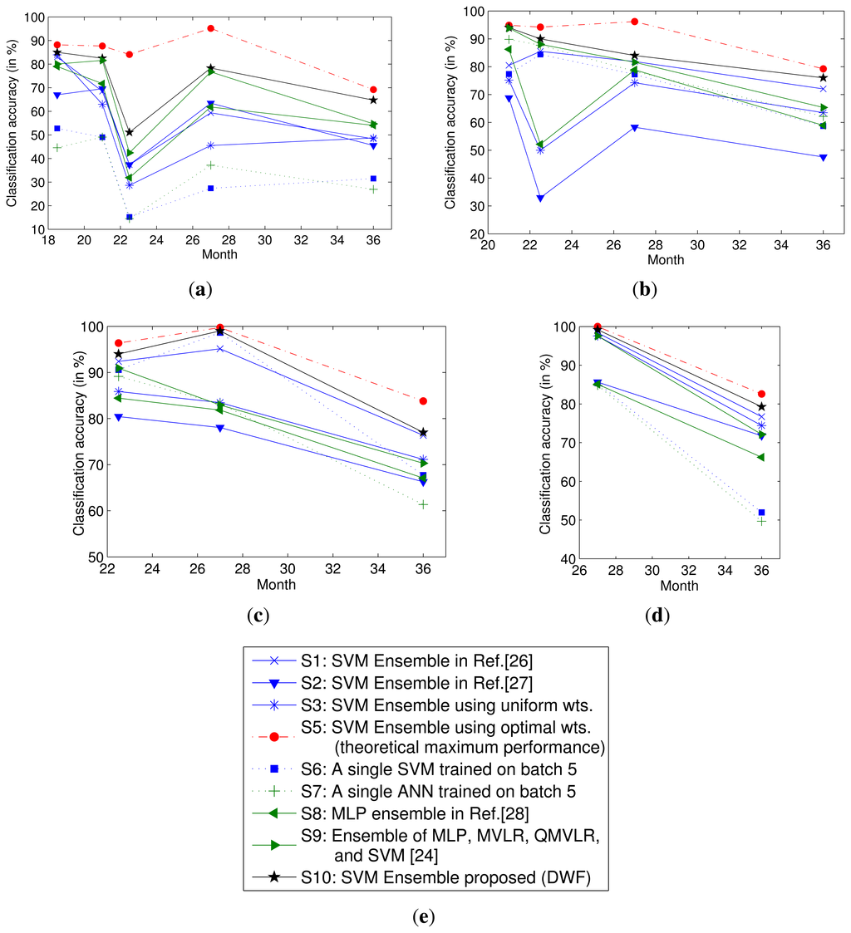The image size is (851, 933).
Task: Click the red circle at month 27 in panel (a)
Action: [211, 28]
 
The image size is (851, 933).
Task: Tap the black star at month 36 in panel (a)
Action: [373, 100]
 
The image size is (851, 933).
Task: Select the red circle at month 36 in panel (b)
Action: [823, 69]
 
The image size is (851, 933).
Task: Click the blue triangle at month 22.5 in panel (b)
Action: [540, 199]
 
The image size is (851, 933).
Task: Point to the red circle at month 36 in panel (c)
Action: [423, 401]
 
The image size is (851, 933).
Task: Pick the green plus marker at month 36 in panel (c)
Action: [423, 504]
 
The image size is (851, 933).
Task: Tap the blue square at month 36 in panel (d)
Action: [761, 513]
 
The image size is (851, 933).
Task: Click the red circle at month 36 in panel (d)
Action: [761, 394]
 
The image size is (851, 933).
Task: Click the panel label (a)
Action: [200, 289]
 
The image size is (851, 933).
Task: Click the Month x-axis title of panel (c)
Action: [276, 584]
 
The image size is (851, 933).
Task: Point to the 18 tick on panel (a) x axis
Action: [47, 241]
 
